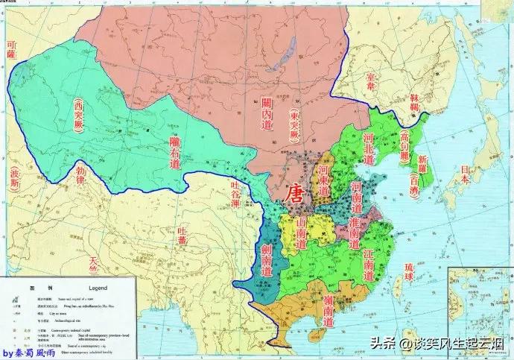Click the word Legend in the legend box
tap(98, 287)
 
